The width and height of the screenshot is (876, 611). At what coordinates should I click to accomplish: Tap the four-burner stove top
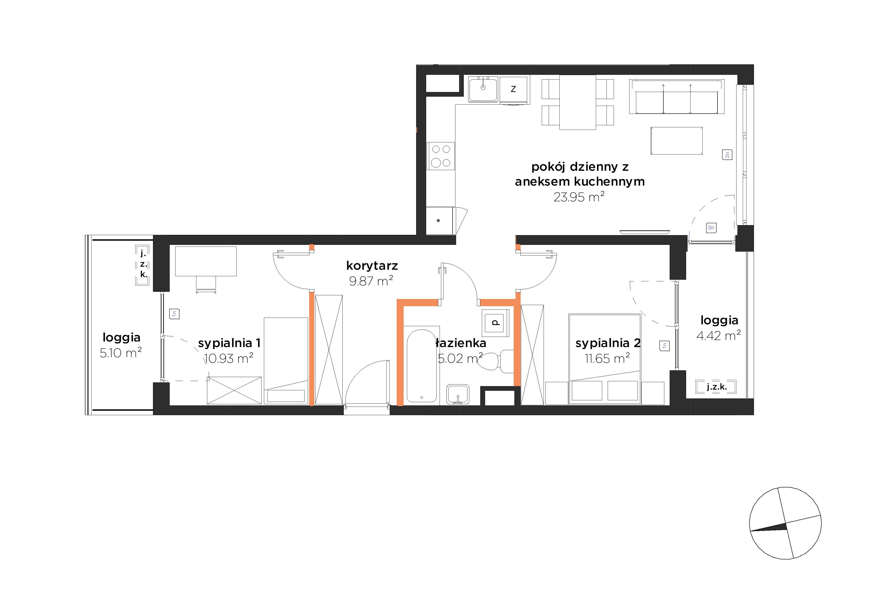coord(441,156)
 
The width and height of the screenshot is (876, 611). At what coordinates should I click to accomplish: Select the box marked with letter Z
coord(513,89)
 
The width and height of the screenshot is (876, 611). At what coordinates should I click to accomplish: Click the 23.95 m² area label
coord(579,197)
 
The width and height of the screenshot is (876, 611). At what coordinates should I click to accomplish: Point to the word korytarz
coord(372,265)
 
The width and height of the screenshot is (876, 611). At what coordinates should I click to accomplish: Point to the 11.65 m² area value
coord(607,358)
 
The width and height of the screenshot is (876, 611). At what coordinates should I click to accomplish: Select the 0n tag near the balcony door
coord(711,228)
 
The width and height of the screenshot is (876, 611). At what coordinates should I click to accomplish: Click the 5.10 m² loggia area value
coord(120,352)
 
